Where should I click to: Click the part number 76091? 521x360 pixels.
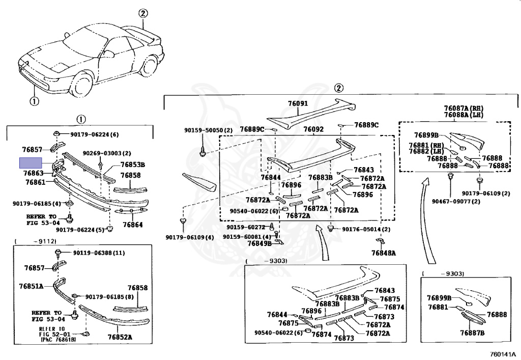[x=298, y=104]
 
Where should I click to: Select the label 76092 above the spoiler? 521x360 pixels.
[x=313, y=129]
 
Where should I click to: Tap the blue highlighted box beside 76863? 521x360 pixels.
[x=32, y=163]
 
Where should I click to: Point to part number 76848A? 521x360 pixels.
[x=383, y=253]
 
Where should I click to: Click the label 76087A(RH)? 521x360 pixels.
[x=463, y=108]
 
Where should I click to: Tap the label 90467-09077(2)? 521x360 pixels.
[x=449, y=202]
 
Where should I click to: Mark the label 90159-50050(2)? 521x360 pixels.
[x=208, y=130]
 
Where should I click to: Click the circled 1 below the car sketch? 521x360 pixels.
[x=34, y=101]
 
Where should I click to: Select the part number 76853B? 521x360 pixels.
[x=133, y=164]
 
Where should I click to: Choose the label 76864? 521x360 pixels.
[x=132, y=225]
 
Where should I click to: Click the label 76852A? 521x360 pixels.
[x=120, y=337]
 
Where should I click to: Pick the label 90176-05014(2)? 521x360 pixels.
[x=366, y=230]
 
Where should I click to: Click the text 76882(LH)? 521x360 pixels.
[x=426, y=151]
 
